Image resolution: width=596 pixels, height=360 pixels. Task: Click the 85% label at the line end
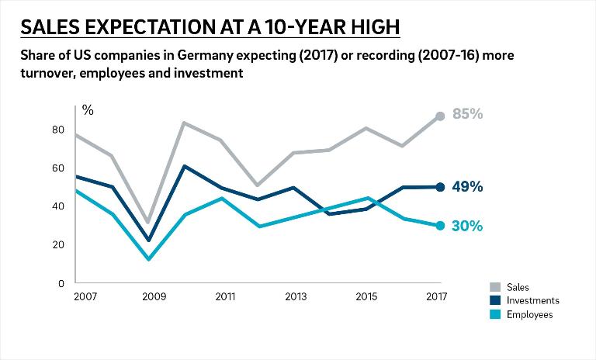coord(467,114)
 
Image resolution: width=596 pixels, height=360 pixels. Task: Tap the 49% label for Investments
coord(467,187)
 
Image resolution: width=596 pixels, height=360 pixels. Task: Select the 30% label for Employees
coord(467,227)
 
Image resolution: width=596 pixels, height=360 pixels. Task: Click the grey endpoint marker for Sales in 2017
coord(440,116)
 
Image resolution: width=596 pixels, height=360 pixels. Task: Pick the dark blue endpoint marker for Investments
coord(440,187)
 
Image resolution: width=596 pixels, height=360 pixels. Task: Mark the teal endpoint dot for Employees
coord(440,226)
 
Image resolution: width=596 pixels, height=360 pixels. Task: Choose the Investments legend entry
coord(531,300)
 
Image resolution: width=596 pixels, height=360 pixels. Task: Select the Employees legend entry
coord(529,314)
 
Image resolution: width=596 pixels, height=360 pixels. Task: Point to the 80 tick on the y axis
coord(58,130)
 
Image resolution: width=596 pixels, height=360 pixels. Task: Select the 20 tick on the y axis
coord(58,244)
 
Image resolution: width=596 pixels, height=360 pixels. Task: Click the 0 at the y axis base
coord(61,283)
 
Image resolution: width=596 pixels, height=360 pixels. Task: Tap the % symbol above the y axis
coord(88,110)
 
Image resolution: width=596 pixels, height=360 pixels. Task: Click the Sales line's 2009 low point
coord(148,223)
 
